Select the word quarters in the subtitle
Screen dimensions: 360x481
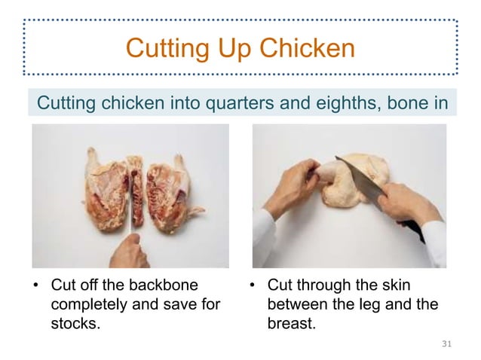pyautogui.click(x=235, y=102)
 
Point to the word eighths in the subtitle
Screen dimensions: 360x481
pyautogui.click(x=339, y=102)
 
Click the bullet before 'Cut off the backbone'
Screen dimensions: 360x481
pyautogui.click(x=35, y=287)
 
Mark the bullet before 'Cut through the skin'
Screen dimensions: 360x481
pyautogui.click(x=252, y=287)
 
